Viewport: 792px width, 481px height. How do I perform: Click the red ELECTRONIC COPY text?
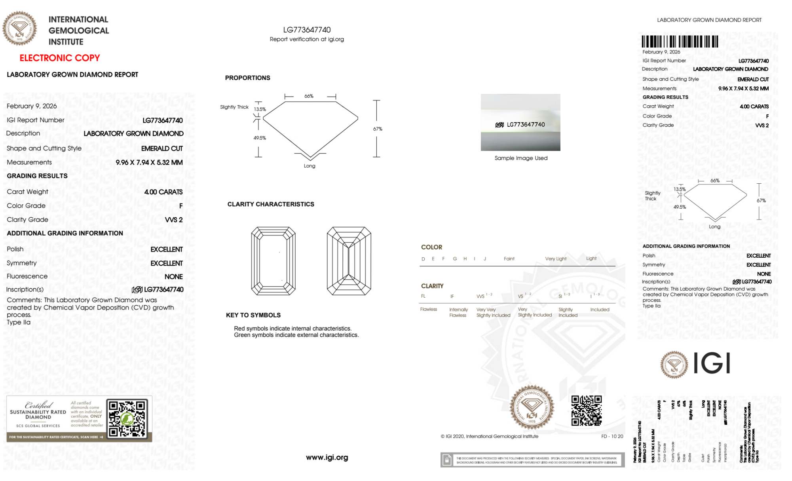[x=59, y=58]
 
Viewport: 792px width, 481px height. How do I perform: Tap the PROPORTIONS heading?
[x=247, y=78]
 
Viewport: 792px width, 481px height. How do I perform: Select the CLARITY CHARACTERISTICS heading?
[x=271, y=204]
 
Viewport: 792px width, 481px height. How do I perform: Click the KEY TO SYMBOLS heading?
[x=253, y=315]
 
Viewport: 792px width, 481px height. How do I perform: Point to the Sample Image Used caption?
[x=521, y=158]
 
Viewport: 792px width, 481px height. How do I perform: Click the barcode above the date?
[x=680, y=42]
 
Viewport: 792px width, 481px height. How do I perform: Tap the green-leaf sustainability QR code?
[x=127, y=418]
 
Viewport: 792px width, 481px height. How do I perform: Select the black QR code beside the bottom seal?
[x=586, y=411]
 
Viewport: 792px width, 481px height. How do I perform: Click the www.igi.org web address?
[x=327, y=457]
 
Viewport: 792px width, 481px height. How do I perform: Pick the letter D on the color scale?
[x=423, y=259]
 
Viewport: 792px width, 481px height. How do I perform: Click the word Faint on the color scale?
[x=509, y=259]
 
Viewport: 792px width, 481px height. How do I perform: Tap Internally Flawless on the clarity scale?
[x=458, y=312]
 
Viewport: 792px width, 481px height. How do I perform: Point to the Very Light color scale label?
[x=556, y=259]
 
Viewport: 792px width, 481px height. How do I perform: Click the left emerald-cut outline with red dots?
[x=273, y=260]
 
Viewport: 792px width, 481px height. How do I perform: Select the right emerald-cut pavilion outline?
[x=349, y=260]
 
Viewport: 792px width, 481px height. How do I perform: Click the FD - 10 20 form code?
[x=612, y=436]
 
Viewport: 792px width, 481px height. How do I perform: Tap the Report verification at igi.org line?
[x=307, y=39]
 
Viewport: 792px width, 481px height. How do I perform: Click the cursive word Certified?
[x=38, y=405]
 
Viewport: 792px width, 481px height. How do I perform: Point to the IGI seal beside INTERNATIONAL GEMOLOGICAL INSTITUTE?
[x=20, y=28]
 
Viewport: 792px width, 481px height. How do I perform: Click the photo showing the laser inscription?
[x=520, y=122]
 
